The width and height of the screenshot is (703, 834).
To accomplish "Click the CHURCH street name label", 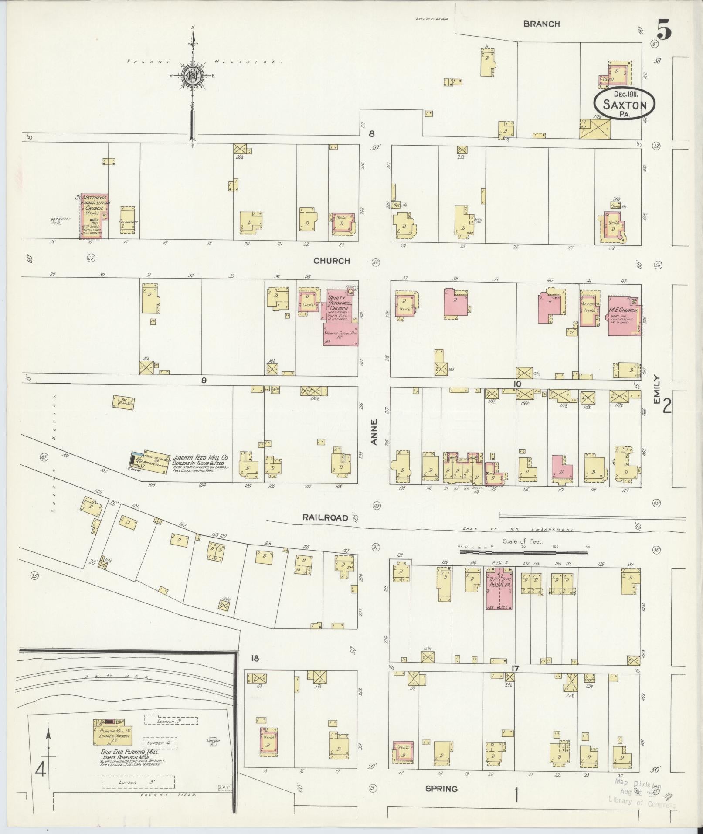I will click(331, 261).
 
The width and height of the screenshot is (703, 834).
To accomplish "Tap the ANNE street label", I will click(374, 432).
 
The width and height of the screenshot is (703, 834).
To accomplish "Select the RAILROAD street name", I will click(326, 518).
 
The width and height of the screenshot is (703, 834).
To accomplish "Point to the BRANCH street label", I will click(541, 24).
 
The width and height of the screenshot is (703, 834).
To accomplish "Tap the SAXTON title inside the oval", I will click(624, 105).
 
